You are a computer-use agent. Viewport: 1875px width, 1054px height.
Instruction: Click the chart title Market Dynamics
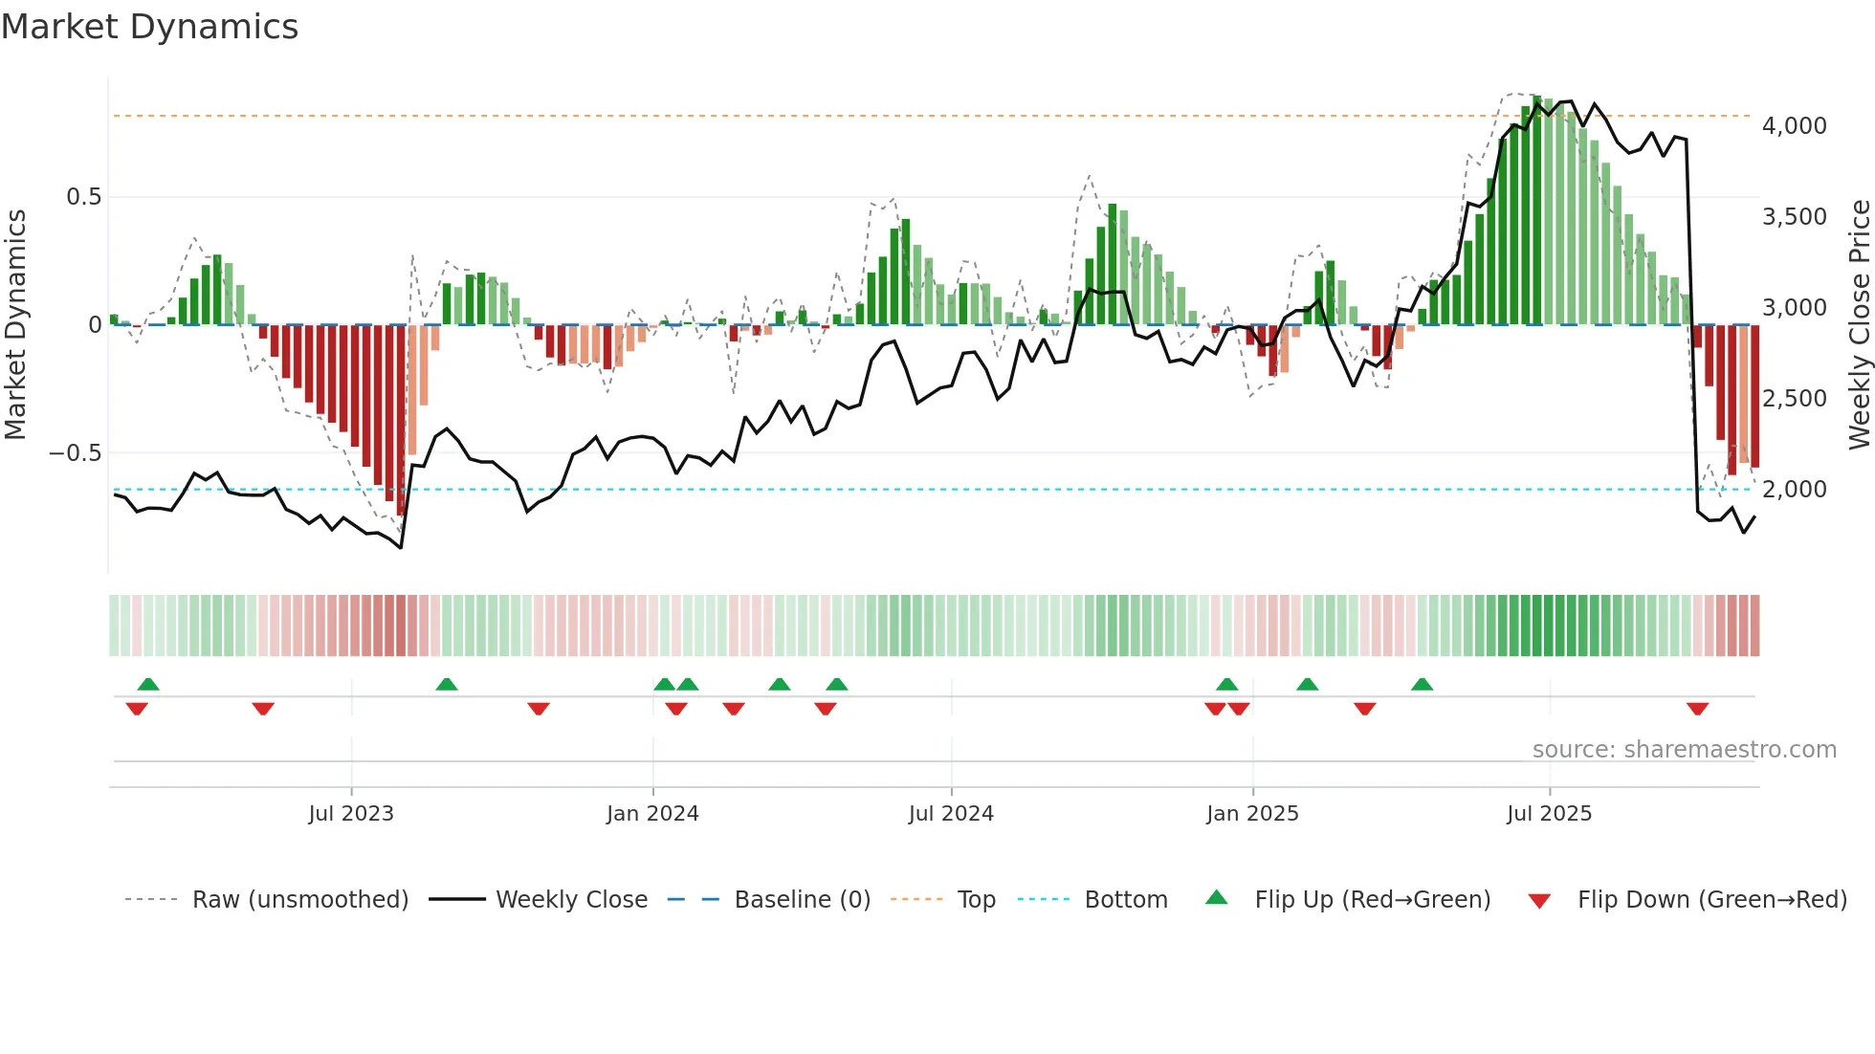149,27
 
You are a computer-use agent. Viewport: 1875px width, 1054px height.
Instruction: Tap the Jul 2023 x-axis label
351,814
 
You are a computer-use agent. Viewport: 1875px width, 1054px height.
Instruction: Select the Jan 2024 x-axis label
652,814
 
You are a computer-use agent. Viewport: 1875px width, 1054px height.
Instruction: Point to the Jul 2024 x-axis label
951,814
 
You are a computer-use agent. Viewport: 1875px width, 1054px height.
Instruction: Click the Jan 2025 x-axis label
1252,814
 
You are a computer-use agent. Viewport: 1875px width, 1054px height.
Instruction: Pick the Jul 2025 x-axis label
1549,814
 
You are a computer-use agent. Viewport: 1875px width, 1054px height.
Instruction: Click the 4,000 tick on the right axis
1794,126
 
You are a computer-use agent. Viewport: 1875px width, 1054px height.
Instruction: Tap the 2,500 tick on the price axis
1794,399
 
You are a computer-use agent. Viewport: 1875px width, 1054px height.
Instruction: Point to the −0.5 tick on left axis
76,453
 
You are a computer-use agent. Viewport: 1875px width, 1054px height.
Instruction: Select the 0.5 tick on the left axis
83,197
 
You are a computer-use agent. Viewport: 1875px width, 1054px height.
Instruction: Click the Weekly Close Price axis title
1859,325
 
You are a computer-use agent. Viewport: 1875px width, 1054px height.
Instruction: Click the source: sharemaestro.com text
1684,750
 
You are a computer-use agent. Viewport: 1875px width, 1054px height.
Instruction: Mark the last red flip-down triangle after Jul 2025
1697,709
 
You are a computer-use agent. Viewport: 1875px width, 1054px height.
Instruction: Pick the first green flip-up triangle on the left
148,684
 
